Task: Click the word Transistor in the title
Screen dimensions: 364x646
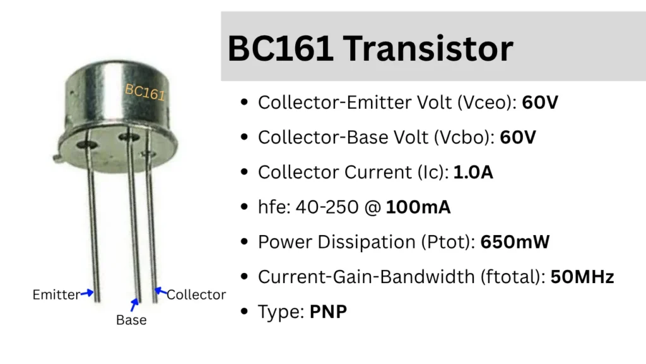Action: click(428, 49)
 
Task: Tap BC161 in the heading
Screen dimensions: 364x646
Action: click(279, 49)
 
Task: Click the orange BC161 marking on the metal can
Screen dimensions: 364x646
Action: click(144, 92)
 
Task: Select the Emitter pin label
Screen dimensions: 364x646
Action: click(56, 294)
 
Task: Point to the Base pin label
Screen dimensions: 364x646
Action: click(131, 320)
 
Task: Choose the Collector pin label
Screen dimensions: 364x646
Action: click(196, 294)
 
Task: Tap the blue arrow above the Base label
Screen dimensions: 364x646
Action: click(134, 305)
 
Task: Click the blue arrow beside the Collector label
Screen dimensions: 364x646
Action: click(161, 292)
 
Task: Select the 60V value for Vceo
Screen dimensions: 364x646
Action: click(540, 102)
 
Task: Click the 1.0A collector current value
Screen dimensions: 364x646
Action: click(473, 172)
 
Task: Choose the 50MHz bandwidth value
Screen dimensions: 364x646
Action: click(582, 277)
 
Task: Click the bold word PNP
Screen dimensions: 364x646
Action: click(328, 312)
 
